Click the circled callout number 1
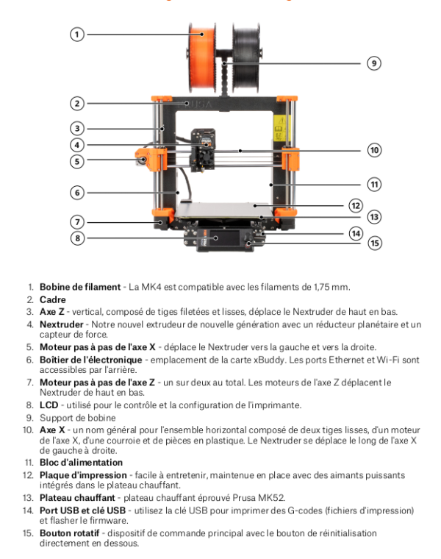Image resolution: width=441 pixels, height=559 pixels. pos(76,34)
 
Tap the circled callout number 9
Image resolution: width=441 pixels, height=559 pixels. pos(374,63)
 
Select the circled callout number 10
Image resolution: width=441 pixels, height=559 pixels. pos(374,150)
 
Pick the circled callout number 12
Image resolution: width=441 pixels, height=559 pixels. pos(355,205)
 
